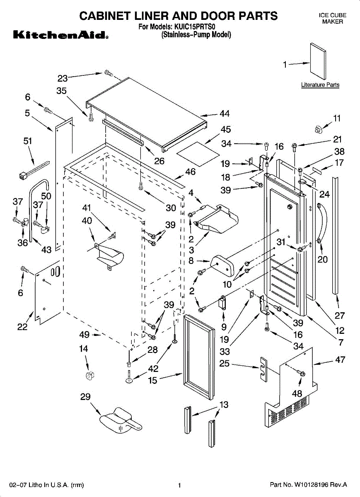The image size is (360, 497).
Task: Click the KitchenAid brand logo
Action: point(60,35)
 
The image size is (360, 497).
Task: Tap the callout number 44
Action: point(225,114)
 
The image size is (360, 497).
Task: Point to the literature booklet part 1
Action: point(318,60)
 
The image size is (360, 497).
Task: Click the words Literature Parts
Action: point(320,85)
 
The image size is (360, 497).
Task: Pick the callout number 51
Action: point(27,141)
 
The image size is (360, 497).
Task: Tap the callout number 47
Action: point(340,360)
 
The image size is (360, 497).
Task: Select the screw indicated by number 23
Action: point(109,73)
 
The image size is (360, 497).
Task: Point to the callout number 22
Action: point(22,327)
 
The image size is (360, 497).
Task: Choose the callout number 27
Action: point(340,316)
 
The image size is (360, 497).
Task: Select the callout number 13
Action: point(224,405)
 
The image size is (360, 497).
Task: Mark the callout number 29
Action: point(85,397)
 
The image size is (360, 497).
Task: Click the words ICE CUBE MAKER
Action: point(332,18)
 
